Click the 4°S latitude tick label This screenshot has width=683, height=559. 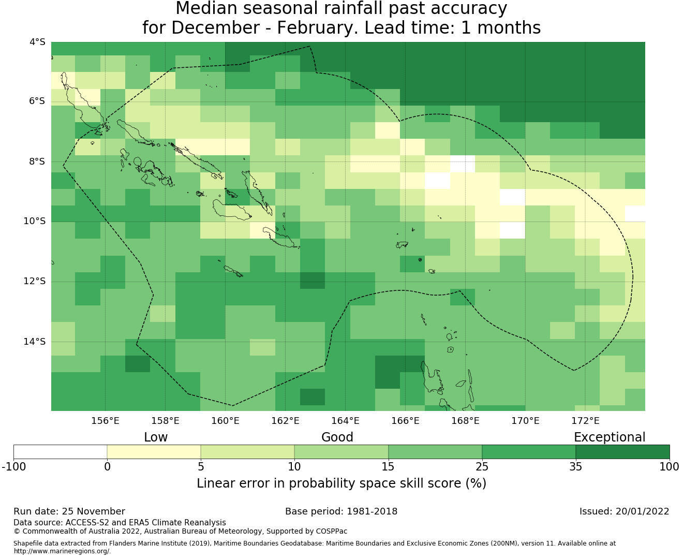[x=38, y=42]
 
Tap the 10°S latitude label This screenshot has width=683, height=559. [x=35, y=222]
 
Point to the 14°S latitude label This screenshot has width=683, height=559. [x=35, y=342]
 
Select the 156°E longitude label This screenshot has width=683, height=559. [x=105, y=421]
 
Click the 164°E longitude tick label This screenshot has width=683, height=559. [x=345, y=421]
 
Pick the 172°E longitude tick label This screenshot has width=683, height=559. [x=585, y=421]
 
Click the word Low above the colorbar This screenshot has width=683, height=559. [x=156, y=437]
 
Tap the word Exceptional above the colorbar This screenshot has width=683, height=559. [x=609, y=437]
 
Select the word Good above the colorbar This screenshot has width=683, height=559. [x=337, y=437]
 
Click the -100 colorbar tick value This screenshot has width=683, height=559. [x=13, y=467]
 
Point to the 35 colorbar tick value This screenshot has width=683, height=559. [x=575, y=467]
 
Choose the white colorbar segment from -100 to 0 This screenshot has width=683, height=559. [x=60, y=452]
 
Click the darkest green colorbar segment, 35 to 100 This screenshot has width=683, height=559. [x=622, y=452]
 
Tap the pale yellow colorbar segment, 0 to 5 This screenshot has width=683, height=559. [x=154, y=452]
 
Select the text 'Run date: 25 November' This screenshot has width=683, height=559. [x=69, y=511]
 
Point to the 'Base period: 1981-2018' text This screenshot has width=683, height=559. [x=341, y=511]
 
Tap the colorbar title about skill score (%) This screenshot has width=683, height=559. [x=341, y=483]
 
